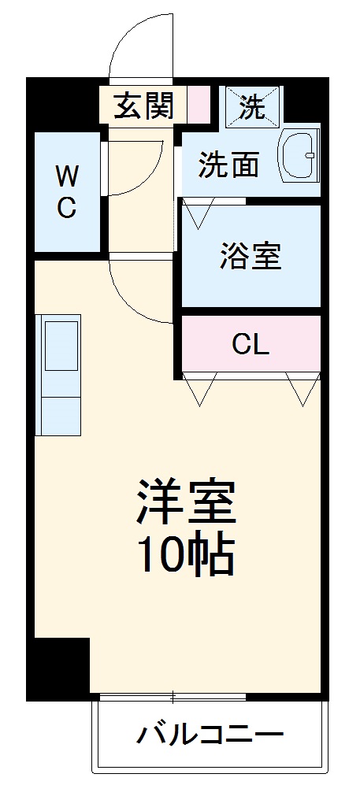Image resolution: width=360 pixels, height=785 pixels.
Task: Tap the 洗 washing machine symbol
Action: coord(251,106)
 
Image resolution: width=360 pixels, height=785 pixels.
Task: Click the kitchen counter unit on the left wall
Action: coord(60,375)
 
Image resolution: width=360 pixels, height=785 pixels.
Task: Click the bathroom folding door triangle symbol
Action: coord(198,212)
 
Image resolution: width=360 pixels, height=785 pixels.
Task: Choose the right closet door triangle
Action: coord(302,388)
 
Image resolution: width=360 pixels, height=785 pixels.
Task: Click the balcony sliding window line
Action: coord(173,696)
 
